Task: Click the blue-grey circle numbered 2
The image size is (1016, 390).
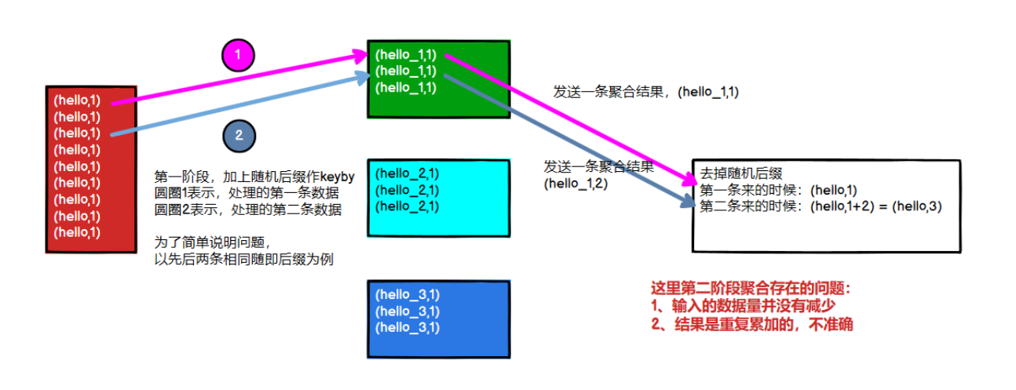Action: (239, 135)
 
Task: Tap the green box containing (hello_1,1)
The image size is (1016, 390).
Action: (438, 78)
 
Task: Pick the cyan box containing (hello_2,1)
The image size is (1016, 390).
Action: (438, 197)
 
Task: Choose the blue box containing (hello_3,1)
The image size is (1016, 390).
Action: (438, 319)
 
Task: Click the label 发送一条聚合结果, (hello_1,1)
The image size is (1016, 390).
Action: (646, 92)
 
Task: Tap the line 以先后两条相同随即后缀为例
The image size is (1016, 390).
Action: (244, 260)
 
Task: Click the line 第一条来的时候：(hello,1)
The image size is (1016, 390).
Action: (778, 190)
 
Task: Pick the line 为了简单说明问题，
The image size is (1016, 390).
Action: (212, 243)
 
